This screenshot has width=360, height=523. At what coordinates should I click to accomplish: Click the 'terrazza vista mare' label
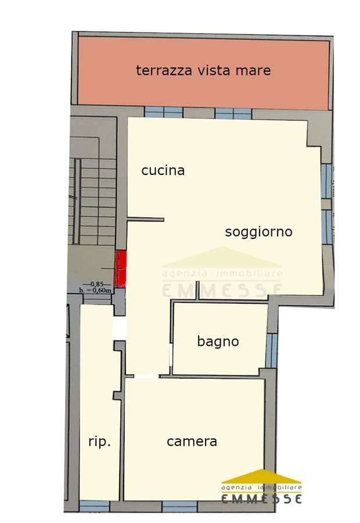203,70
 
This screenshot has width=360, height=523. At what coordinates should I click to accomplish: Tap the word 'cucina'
163,170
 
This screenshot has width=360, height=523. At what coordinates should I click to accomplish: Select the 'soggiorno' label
258,232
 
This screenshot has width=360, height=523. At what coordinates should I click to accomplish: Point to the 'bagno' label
218,342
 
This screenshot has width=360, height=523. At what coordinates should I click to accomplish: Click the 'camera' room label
192,442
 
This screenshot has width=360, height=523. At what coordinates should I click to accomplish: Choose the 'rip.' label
99,442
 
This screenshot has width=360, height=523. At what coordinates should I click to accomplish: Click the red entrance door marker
120,269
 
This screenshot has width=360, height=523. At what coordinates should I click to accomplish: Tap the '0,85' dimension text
97,284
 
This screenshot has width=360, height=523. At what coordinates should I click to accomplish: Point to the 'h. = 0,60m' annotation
95,290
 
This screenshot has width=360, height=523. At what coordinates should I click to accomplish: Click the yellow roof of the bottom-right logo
262,477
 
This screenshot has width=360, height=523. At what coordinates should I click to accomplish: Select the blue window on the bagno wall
272,350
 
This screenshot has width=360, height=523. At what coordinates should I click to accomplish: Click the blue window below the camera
179,506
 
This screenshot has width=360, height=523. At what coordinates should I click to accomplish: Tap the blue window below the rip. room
95,506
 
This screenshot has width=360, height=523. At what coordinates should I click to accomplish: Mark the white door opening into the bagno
171,355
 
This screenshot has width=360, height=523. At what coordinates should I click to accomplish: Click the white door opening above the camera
146,376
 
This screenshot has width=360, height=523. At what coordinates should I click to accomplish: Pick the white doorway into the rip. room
120,328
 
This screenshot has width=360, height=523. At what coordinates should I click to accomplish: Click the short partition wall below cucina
146,220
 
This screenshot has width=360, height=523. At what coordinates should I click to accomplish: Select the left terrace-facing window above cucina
164,112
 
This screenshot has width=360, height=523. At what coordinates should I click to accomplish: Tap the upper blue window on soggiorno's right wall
327,181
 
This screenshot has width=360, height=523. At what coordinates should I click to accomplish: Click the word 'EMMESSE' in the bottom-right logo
262,499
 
